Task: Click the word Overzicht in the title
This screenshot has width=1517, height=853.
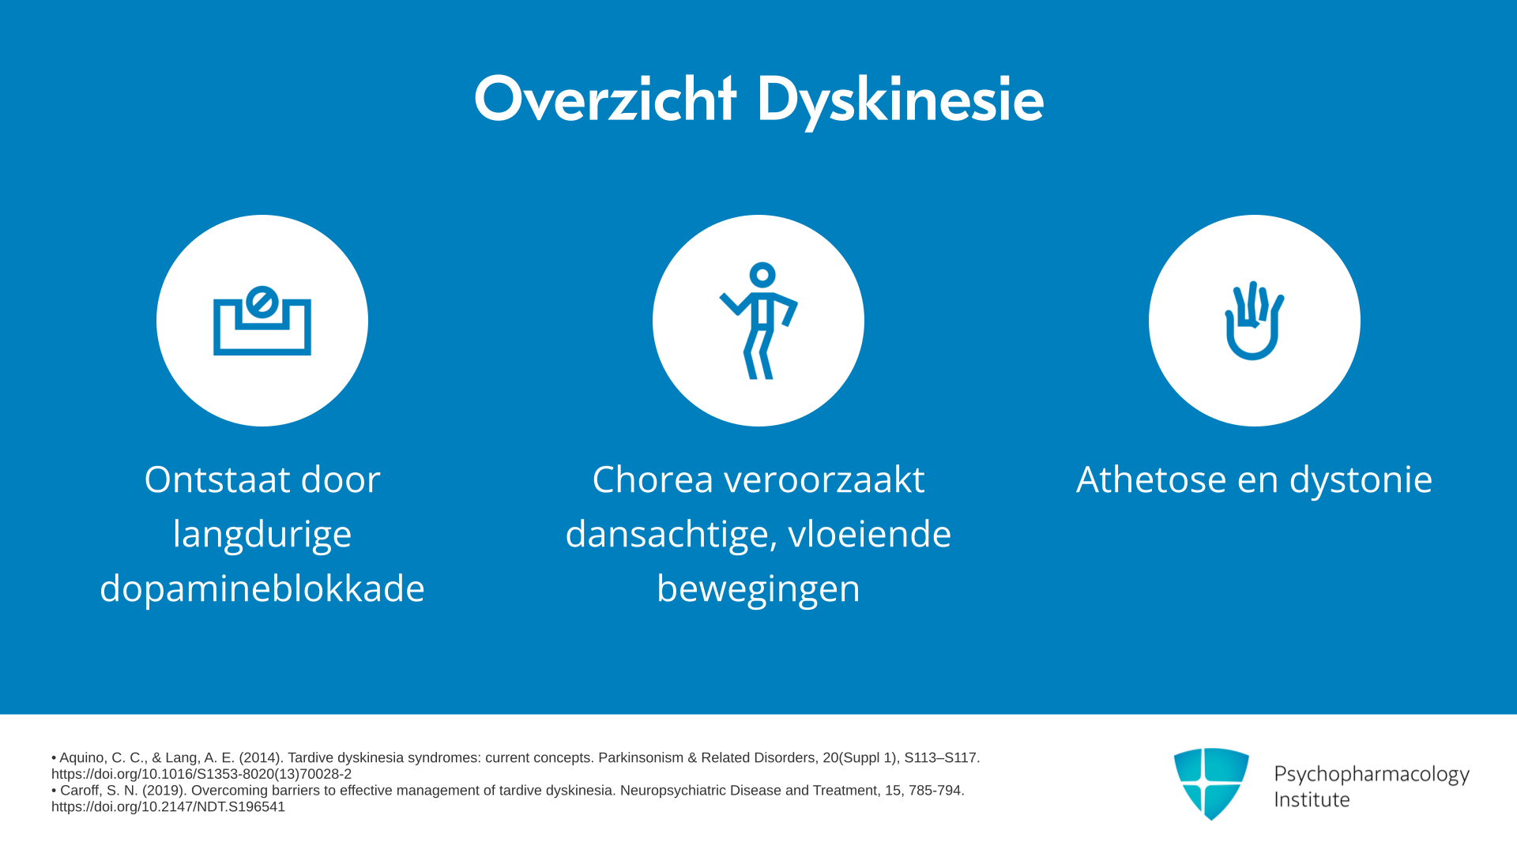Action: tap(605, 100)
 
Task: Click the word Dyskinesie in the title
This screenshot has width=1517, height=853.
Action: tap(901, 101)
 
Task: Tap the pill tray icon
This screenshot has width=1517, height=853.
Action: tap(262, 321)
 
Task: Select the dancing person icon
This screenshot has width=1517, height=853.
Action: tap(758, 321)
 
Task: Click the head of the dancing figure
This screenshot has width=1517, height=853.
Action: tap(762, 275)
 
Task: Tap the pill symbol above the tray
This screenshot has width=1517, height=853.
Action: tap(262, 301)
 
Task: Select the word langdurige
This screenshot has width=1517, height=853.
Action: tap(262, 535)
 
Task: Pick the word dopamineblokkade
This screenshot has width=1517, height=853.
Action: tap(262, 588)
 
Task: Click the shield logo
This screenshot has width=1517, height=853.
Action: tap(1211, 783)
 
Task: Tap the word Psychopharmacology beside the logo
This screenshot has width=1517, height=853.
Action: tap(1372, 775)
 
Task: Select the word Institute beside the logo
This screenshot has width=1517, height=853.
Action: tap(1312, 799)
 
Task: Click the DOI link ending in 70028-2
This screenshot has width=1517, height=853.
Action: tap(201, 774)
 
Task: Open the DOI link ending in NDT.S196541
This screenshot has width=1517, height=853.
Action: tap(168, 806)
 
